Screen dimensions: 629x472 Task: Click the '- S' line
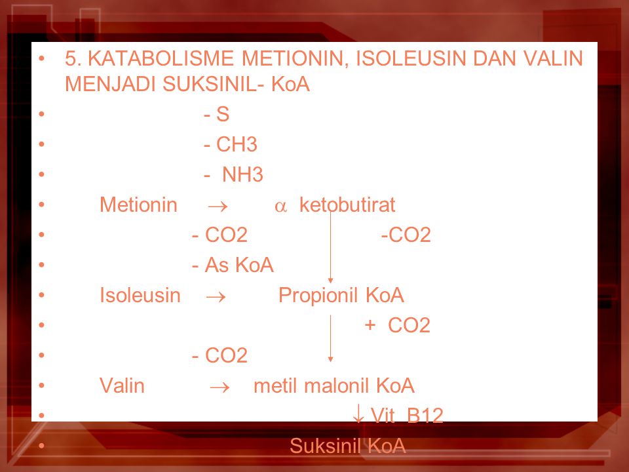[217, 114]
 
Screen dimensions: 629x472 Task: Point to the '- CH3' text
[230, 144]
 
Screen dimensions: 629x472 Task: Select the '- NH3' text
[233, 174]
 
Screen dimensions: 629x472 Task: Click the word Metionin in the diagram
[138, 205]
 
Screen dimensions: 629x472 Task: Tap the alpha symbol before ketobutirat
[280, 206]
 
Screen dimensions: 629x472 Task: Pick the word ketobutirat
[347, 205]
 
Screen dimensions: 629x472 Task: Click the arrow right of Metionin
[218, 206]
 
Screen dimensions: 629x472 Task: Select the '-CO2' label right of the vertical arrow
[406, 235]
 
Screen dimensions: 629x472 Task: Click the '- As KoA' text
[233, 265]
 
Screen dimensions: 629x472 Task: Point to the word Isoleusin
[140, 295]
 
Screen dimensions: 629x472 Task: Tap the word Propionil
[319, 296]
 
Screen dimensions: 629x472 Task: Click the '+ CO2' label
[398, 325]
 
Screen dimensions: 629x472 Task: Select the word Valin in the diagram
[122, 385]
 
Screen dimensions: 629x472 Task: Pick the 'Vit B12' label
[407, 416]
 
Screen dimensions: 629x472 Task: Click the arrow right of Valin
[220, 387]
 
